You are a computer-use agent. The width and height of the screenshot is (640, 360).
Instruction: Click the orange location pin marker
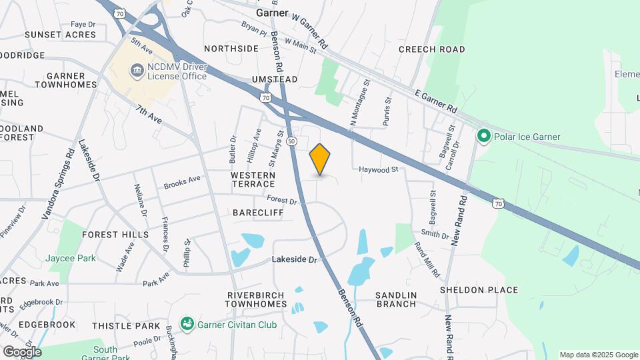click(x=320, y=159)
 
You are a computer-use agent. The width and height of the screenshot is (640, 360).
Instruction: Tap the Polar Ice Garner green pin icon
click(x=484, y=137)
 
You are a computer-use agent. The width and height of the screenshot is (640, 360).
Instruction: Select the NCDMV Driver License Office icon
click(x=137, y=69)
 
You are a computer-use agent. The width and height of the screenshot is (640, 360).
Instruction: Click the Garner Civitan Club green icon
click(x=187, y=324)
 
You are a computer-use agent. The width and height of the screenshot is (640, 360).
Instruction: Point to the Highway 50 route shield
click(x=292, y=141)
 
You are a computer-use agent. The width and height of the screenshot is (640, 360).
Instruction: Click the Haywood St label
click(x=378, y=170)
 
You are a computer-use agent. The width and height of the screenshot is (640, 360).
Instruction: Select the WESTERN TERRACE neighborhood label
click(x=253, y=179)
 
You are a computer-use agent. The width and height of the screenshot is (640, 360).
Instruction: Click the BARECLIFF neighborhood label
click(x=258, y=213)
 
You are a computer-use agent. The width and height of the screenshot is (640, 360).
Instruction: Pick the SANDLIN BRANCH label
click(x=395, y=299)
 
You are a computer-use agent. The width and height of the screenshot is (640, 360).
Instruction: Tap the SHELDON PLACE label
click(x=479, y=290)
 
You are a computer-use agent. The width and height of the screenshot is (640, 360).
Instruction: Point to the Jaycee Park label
click(x=71, y=258)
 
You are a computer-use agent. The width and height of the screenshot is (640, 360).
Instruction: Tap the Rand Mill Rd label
click(x=427, y=259)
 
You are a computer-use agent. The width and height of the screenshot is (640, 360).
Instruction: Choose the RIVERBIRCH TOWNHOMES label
click(x=255, y=299)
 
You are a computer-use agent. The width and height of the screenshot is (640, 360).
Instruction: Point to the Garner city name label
click(x=272, y=13)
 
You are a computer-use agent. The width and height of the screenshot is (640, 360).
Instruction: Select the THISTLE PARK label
click(x=126, y=325)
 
